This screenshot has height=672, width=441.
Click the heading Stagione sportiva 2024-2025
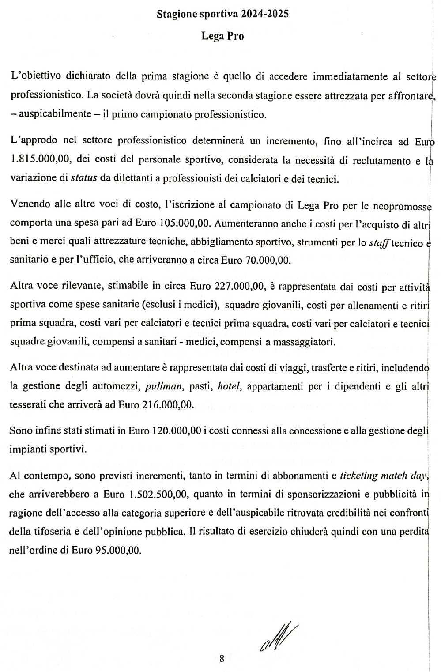pyautogui.click(x=222, y=14)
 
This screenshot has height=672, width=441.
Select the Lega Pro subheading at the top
pyautogui.click(x=222, y=36)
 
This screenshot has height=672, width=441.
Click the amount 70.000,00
pyautogui.click(x=267, y=260)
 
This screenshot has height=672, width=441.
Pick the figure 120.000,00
pyautogui.click(x=177, y=431)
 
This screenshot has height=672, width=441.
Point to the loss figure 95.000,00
pyautogui.click(x=118, y=551)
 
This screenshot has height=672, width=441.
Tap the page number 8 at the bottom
pyautogui.click(x=222, y=659)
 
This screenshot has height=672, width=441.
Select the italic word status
pyautogui.click(x=84, y=179)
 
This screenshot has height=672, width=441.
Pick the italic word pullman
pyautogui.click(x=163, y=386)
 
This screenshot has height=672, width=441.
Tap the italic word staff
pyautogui.click(x=379, y=242)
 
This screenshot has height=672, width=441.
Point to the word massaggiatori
pyautogui.click(x=305, y=342)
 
